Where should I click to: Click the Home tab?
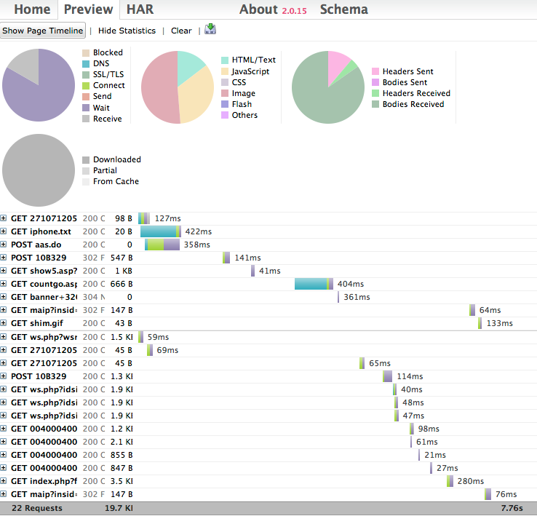point(32,9)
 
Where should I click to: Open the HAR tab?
point(140,9)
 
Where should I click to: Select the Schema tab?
point(343,9)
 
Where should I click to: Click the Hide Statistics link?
point(127,31)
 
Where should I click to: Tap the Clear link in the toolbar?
point(181,31)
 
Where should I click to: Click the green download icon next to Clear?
point(210,29)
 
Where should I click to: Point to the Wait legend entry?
point(102,108)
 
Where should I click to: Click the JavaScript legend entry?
point(250,71)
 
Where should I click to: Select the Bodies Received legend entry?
point(412,104)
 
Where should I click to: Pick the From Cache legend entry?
point(115,181)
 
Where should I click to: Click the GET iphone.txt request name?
point(41,231)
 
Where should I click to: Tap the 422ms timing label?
point(198,231)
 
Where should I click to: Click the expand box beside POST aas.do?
point(4,245)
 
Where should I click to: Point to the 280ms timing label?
point(470,481)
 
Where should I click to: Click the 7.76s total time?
point(511,508)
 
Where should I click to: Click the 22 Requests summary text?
point(36,508)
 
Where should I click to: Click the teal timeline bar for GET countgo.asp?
point(311,284)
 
